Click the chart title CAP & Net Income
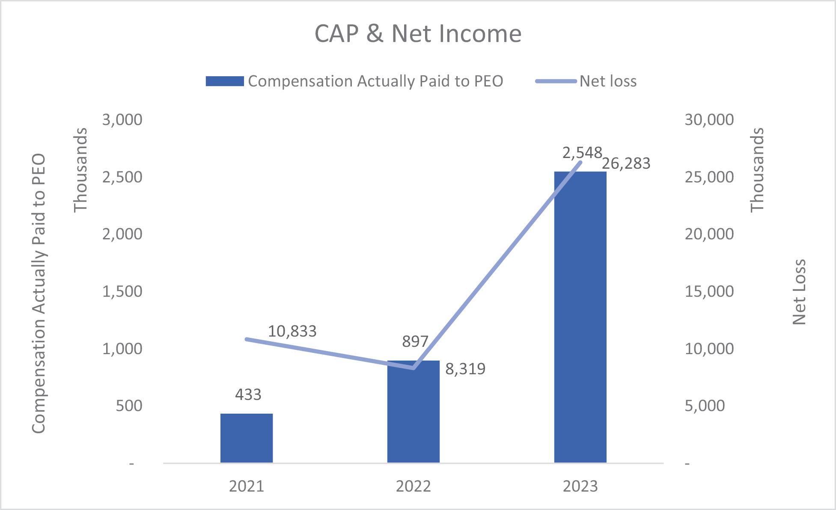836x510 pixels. (x=418, y=34)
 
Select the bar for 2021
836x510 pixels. (x=247, y=438)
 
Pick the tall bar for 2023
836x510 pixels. (x=580, y=317)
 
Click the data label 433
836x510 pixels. (x=248, y=394)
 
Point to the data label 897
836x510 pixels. (x=415, y=341)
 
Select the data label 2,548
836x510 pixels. (x=582, y=152)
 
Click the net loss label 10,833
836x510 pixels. (x=292, y=331)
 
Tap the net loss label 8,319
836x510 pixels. (x=465, y=369)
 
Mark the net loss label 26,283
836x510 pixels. (x=626, y=164)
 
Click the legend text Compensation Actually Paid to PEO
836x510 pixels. (x=375, y=81)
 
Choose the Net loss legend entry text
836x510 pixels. (x=608, y=81)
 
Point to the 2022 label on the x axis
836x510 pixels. (x=414, y=486)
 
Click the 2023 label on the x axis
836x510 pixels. (x=580, y=486)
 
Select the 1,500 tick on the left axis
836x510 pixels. (x=122, y=292)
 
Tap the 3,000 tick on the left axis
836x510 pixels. (x=122, y=119)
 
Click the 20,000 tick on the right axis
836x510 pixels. (x=709, y=234)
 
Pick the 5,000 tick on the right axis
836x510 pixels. (x=705, y=406)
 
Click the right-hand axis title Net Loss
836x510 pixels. (x=799, y=292)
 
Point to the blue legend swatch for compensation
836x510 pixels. (x=225, y=81)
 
